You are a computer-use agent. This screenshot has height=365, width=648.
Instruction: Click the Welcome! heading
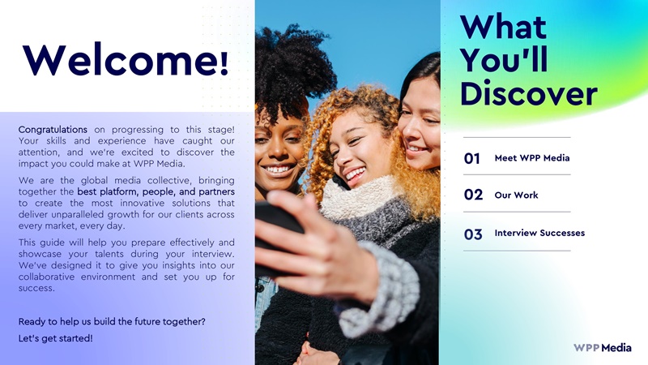[x=126, y=58]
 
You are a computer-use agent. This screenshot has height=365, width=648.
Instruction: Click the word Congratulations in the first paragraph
[x=53, y=130]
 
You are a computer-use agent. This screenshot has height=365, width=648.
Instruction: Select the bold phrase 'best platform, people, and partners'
[x=156, y=192]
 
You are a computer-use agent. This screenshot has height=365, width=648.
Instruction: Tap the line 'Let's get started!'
[x=55, y=338]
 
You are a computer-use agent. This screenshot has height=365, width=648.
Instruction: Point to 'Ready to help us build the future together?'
[x=112, y=321]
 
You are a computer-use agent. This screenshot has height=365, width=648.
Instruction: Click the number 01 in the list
[x=472, y=158]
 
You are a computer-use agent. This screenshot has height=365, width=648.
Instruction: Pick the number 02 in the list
[x=473, y=195]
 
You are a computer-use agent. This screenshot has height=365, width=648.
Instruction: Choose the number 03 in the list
[x=473, y=234]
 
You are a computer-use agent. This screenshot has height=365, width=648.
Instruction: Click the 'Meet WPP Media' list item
[x=532, y=158]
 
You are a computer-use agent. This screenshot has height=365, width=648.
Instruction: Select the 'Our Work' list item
[x=516, y=195]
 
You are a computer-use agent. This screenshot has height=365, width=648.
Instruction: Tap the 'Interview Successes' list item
[x=539, y=233]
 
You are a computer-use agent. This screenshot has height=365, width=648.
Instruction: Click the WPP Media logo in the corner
[x=602, y=348]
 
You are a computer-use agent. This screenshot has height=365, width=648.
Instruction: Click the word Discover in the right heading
[x=529, y=93]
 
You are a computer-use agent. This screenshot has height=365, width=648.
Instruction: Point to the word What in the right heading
[x=503, y=27]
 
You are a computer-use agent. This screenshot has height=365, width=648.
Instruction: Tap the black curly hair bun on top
[x=294, y=67]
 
